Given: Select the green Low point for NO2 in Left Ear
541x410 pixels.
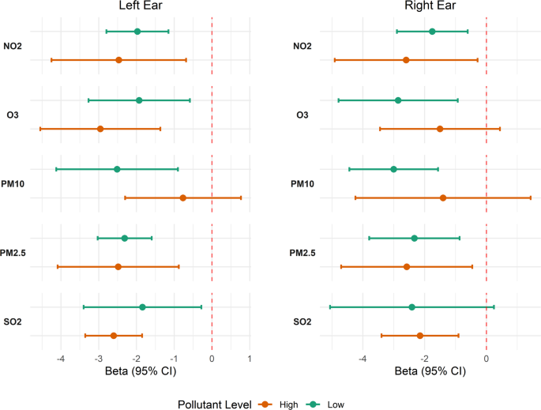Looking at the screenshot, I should point(137,32).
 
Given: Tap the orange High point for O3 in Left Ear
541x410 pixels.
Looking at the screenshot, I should point(100,129).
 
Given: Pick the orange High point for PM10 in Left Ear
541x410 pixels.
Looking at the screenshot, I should point(183,197).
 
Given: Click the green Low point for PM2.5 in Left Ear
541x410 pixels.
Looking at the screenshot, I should point(125,238).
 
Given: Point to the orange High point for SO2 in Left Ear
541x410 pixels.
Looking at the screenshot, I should point(114,336).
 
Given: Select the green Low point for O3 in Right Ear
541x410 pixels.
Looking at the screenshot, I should point(398,100).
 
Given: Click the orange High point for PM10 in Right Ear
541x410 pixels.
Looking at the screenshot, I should point(443,197).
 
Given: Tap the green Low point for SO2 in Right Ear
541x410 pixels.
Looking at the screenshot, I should point(411,307).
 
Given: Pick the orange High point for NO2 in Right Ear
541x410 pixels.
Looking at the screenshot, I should point(406,60).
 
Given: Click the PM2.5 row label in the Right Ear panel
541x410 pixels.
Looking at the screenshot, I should point(303,253).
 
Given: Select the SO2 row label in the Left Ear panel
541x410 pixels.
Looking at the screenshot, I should point(13,322).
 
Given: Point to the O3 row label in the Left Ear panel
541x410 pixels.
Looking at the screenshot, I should point(13,115).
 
